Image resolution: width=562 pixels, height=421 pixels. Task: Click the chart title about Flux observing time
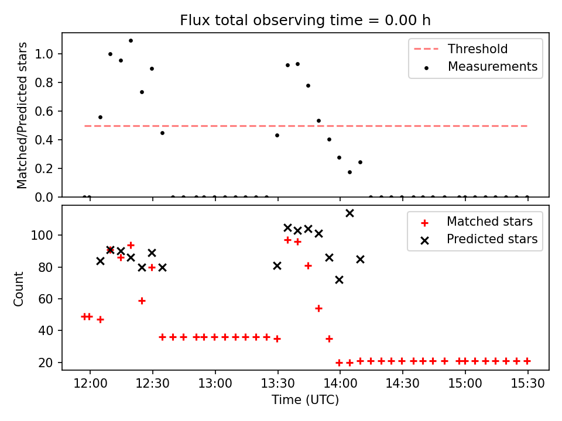click(x=305, y=20)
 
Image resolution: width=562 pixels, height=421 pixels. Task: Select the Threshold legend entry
click(x=478, y=49)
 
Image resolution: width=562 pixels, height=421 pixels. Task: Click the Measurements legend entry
click(x=492, y=67)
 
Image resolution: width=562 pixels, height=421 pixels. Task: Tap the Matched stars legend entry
click(x=489, y=222)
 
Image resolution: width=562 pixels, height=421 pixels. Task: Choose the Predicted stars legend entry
click(x=492, y=239)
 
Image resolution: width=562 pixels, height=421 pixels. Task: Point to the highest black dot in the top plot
click(x=131, y=41)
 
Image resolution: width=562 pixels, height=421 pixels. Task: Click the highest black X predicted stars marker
click(x=349, y=213)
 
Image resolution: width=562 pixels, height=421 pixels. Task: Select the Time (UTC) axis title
click(x=305, y=401)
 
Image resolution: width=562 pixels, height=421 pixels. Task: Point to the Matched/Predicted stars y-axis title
click(x=22, y=116)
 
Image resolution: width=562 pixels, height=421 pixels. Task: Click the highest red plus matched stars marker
click(x=287, y=240)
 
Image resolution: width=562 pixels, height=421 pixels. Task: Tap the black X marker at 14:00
click(x=339, y=280)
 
